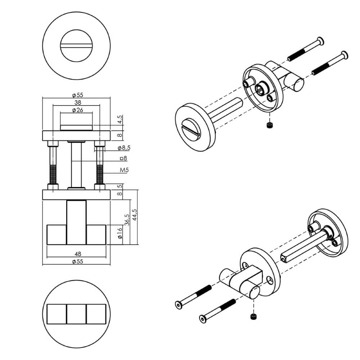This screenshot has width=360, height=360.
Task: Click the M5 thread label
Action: (x=124, y=170)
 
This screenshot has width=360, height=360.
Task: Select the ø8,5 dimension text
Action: (x=124, y=148)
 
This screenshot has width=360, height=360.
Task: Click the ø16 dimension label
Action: (x=120, y=234)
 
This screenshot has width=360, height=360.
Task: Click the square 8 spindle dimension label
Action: (x=123, y=158)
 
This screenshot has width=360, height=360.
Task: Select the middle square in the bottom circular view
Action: (x=76, y=313)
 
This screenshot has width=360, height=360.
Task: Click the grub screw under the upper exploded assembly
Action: (x=269, y=125)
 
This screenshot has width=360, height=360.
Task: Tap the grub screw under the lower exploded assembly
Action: (x=253, y=316)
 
